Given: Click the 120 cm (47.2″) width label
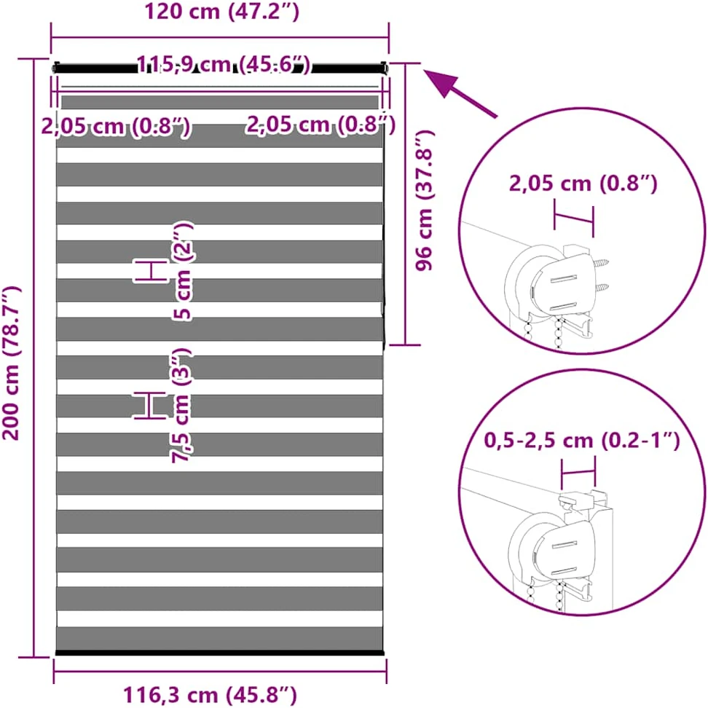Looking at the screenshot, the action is coord(221,12).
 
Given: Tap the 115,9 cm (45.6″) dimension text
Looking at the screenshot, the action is coord(224,64).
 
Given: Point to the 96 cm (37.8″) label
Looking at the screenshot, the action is coord(425,200).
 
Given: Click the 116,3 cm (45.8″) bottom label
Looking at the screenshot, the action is coord(210,695).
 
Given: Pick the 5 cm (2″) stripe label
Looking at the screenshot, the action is coord(182,271).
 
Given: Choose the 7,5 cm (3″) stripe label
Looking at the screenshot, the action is coord(181,405).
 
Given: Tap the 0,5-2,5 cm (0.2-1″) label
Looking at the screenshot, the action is coord(581,440).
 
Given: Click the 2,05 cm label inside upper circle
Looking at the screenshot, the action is coord(583,184).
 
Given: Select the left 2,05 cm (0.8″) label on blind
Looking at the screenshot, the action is coord(116,126).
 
